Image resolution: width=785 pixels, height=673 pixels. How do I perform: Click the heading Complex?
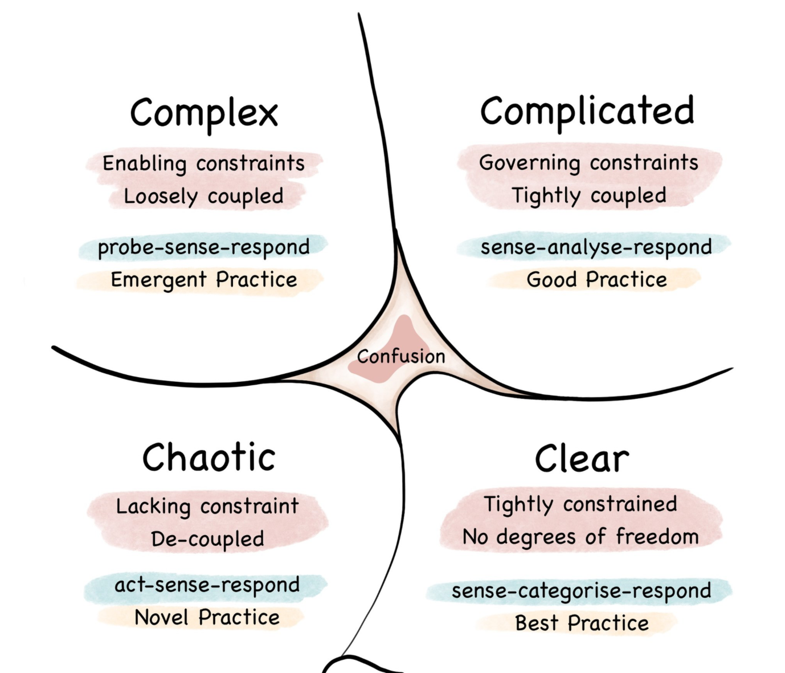click(x=204, y=113)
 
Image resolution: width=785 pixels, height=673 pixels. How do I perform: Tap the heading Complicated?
click(x=587, y=111)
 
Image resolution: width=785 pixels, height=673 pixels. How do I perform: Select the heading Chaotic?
click(x=208, y=457)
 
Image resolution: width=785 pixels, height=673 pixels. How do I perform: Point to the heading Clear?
click(x=582, y=459)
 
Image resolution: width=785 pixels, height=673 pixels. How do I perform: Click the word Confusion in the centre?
click(x=401, y=357)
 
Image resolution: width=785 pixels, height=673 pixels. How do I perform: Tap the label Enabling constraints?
click(x=203, y=164)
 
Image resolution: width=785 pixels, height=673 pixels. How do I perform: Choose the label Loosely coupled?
click(x=203, y=196)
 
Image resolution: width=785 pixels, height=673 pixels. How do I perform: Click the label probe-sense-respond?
click(x=203, y=247)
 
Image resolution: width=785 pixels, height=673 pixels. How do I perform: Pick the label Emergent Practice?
click(x=203, y=280)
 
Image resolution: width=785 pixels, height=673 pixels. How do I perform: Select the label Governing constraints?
click(x=588, y=162)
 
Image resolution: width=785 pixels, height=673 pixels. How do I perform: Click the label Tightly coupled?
click(x=588, y=195)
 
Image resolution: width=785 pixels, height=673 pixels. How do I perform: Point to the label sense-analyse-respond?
click(x=596, y=247)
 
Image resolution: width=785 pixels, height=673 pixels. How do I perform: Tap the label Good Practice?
click(x=596, y=280)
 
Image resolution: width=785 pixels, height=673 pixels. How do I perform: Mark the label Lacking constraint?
click(x=207, y=506)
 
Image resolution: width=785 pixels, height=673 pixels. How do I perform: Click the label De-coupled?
click(x=207, y=539)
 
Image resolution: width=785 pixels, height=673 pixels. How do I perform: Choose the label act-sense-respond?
click(x=207, y=585)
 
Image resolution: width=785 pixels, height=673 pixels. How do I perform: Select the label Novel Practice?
click(x=207, y=617)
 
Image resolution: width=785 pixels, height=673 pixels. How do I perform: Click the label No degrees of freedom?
click(x=580, y=537)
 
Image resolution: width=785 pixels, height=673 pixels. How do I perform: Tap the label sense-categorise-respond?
click(x=581, y=591)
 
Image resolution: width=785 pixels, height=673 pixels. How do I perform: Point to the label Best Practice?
click(x=582, y=623)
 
